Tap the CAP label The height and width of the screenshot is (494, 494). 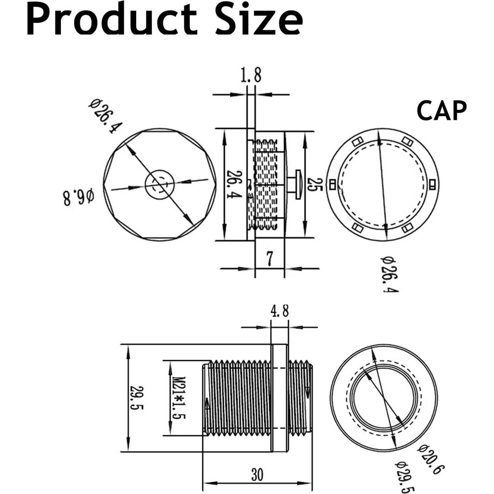coord(441,111)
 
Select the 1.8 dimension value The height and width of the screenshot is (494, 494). coord(250,75)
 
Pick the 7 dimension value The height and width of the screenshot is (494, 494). coord(269,259)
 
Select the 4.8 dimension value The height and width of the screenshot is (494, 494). coord(279,312)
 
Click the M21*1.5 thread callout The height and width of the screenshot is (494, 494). coord(177,398)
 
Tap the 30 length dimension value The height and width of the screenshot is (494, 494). coord(257,475)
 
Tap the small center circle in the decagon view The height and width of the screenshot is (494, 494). coord(159,184)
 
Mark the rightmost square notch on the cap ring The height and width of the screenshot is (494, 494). coord(433,184)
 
